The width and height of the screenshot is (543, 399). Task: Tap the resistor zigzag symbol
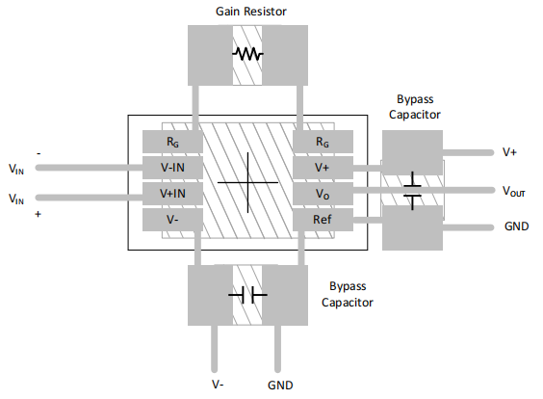click(247, 54)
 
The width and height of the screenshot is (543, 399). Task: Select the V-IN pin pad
click(171, 167)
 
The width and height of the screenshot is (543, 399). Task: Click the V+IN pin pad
click(171, 194)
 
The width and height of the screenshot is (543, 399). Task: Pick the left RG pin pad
click(171, 141)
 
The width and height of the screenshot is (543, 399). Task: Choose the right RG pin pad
click(322, 141)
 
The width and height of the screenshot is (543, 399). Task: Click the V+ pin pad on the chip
click(322, 167)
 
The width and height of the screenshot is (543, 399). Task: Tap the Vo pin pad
click(322, 194)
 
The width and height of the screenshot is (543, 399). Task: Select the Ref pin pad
click(322, 220)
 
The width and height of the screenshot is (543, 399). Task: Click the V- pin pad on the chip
click(171, 220)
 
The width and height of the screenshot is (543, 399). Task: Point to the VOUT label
click(513, 191)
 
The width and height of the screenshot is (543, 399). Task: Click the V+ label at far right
click(510, 152)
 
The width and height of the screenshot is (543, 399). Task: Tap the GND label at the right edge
click(515, 227)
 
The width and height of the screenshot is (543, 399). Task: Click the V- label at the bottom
click(219, 384)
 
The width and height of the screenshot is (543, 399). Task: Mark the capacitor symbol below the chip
click(247, 295)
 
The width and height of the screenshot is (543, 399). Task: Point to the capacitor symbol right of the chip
click(412, 190)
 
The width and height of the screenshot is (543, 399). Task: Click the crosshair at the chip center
click(247, 181)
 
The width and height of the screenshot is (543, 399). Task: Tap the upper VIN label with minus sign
click(17, 169)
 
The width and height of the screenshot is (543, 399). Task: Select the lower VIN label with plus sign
click(17, 199)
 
